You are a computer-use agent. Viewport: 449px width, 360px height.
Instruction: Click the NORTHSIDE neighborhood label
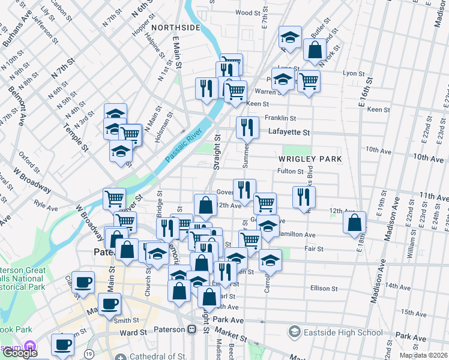pyautogui.click(x=175, y=28)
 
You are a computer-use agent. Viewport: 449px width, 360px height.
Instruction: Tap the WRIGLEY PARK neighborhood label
pyautogui.click(x=310, y=159)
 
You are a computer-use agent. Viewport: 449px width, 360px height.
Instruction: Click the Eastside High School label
pyautogui.click(x=343, y=332)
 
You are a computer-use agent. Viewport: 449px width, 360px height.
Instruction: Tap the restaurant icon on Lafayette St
pyautogui.click(x=247, y=127)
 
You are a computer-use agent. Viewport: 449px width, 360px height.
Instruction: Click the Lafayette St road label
pyautogui.click(x=289, y=132)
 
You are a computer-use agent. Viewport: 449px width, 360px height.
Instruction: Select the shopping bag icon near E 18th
pyautogui.click(x=355, y=223)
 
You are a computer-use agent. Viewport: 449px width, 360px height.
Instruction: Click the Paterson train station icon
pyautogui.click(x=192, y=329)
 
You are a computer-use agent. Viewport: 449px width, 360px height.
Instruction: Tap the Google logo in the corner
pyautogui.click(x=19, y=353)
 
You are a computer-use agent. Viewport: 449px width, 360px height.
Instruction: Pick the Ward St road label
pyautogui.click(x=133, y=332)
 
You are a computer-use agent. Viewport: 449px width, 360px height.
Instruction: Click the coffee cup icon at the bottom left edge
pyautogui.click(x=62, y=344)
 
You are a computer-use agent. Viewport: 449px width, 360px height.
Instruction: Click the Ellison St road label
pyautogui.click(x=324, y=289)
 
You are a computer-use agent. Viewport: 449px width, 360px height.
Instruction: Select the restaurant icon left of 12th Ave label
pyautogui.click(x=304, y=197)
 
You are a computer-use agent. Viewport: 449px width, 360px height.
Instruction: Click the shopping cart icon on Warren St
pyautogui.click(x=309, y=80)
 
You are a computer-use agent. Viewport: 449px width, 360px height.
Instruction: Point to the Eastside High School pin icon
pyautogui.click(x=295, y=331)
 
